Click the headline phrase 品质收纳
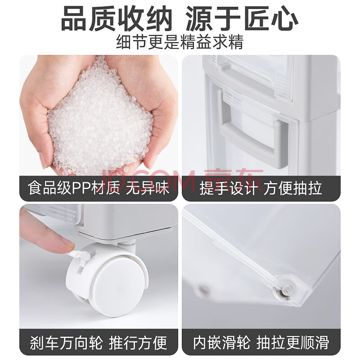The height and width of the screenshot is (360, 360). point(117,19)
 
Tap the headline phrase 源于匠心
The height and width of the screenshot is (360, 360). point(242,19)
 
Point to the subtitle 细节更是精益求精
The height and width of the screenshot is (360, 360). point(180,42)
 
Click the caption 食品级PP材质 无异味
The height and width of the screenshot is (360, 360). point(99,188)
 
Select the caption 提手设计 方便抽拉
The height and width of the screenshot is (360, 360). point(261,188)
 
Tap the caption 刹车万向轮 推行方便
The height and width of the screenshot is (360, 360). point(99,343)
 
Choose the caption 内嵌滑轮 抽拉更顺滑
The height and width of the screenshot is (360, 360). point(261,343)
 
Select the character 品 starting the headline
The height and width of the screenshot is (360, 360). point(75,19)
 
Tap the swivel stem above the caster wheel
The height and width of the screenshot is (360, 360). point(126,245)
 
